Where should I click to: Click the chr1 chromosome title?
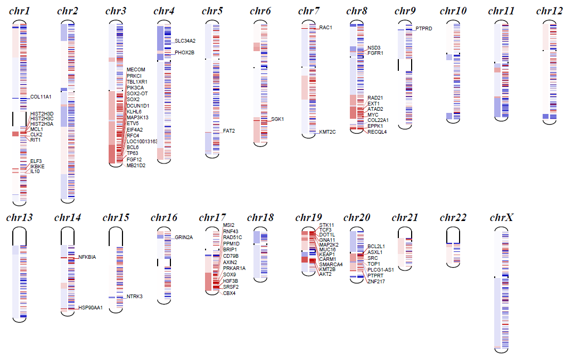point(19,11)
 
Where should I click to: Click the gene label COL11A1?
point(41,97)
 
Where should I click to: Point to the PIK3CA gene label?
point(135,87)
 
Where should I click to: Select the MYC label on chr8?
point(373,114)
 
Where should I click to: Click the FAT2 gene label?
point(229,130)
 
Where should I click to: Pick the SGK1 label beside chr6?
point(277,119)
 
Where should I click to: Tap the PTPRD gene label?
point(424,29)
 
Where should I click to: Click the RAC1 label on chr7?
point(326,27)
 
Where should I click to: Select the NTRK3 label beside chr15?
point(134,297)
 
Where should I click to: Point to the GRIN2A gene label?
point(184,237)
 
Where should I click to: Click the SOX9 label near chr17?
point(229,274)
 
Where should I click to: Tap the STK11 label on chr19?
point(327,225)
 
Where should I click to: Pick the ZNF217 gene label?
point(375,281)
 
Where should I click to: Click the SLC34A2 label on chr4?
point(185,40)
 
